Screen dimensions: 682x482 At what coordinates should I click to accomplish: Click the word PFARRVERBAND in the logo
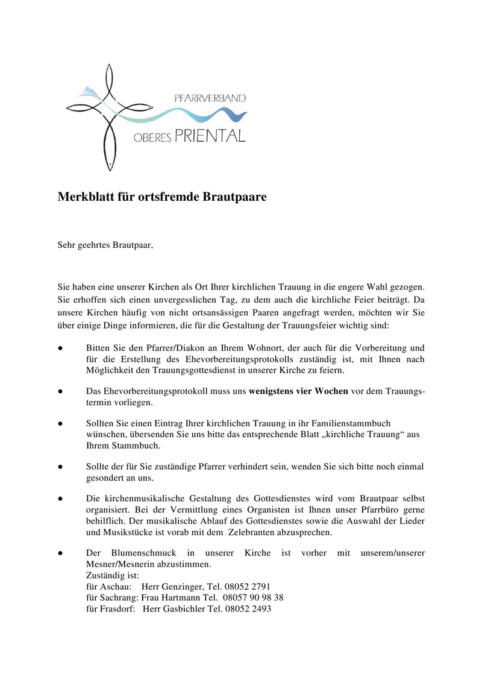coord(209,98)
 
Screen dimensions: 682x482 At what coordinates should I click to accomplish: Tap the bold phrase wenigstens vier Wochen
coord(298,391)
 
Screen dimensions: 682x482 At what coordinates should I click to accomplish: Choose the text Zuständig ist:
coord(113,575)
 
